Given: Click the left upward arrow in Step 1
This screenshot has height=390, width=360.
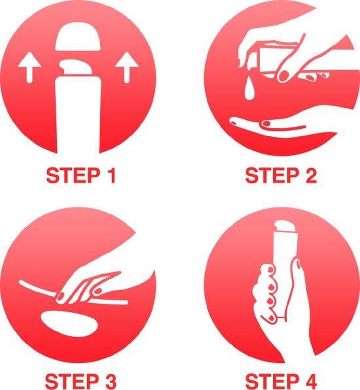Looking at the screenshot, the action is (x=30, y=67).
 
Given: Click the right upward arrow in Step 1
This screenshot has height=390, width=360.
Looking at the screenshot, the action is (x=127, y=67).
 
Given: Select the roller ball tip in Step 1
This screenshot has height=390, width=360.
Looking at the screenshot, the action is (x=76, y=67).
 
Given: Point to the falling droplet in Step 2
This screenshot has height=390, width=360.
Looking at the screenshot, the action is (x=249, y=90).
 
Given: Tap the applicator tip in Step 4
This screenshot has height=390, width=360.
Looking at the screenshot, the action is (x=286, y=226).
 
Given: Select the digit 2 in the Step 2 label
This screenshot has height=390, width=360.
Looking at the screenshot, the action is (x=311, y=176).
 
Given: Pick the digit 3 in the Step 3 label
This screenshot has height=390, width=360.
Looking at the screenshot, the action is (x=110, y=383).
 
